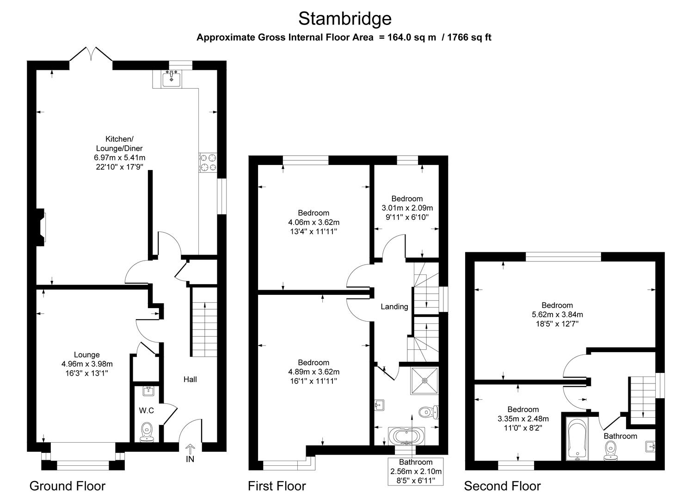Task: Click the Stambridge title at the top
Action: point(344,18)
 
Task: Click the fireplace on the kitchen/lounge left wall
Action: point(42,226)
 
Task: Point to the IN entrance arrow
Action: point(190,449)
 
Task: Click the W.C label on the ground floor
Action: point(146,410)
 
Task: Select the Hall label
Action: point(190,379)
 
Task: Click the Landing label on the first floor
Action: point(394,306)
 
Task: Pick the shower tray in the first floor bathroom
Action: point(424,381)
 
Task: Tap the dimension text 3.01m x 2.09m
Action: point(407,208)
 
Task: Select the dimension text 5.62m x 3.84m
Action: point(557,315)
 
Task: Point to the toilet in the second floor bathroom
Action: point(611,450)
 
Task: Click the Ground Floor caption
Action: point(68,486)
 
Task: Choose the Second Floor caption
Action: point(502,486)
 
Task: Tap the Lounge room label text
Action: point(87,354)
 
